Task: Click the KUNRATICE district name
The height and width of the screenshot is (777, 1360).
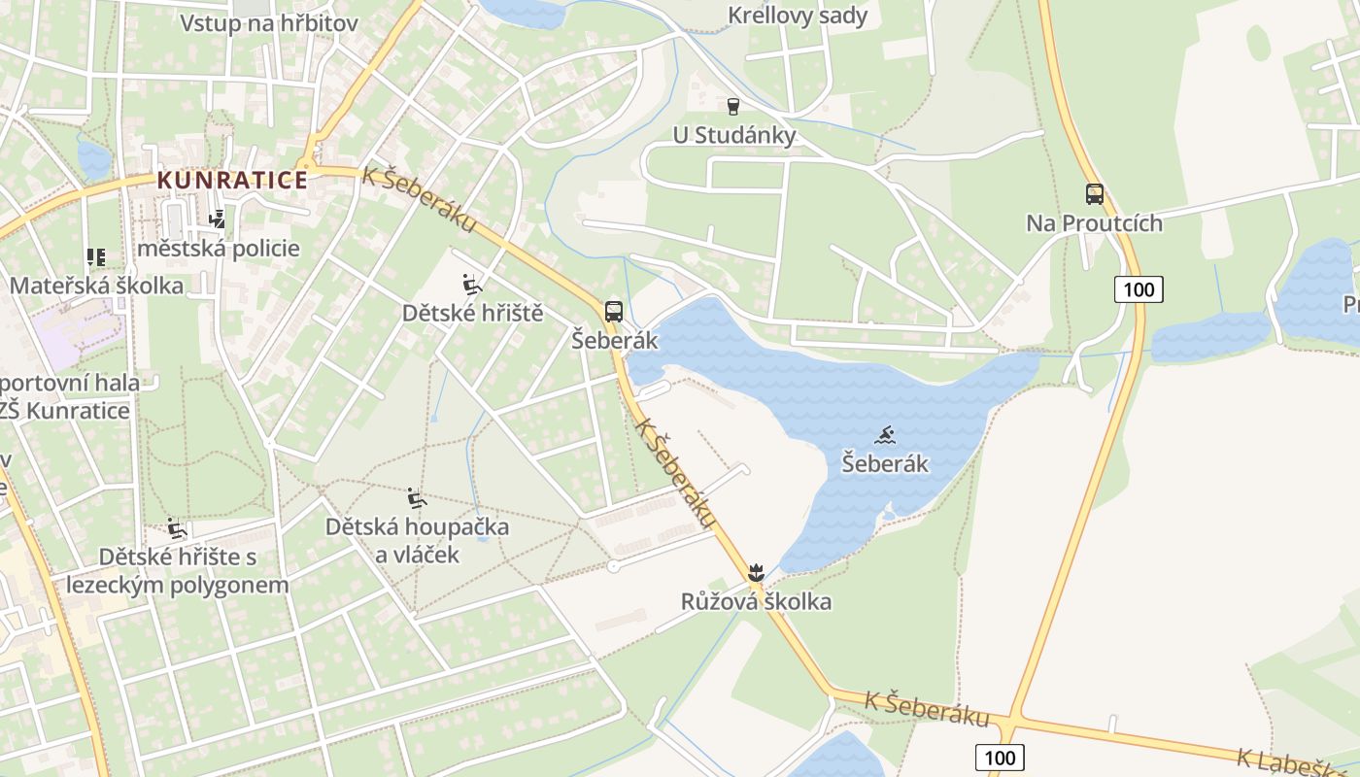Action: pos(232,180)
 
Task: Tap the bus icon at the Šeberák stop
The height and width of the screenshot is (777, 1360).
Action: pos(613,312)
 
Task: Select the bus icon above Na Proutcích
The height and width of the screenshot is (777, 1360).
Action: pos(1095,194)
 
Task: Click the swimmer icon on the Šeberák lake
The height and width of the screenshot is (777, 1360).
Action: pos(884,435)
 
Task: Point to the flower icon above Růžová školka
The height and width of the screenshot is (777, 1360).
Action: pos(757,572)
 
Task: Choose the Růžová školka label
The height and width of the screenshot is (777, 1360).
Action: pos(756,602)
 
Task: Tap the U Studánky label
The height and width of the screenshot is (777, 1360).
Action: pos(734,135)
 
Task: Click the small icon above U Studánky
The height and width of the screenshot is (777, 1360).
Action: pos(733,106)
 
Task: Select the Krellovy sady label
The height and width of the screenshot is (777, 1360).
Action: pos(798,17)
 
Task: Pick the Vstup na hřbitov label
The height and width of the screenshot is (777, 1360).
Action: pos(269,23)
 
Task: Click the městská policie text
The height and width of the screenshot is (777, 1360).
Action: pos(219,249)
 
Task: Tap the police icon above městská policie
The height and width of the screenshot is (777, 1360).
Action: pos(218,220)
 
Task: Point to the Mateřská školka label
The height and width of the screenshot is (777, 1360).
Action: pos(96,286)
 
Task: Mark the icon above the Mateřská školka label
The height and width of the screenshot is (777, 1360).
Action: pos(96,257)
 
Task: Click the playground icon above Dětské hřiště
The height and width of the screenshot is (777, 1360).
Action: pos(472,285)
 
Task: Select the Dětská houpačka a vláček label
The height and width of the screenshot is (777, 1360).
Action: pos(417,541)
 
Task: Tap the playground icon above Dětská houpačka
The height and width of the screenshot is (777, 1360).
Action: pos(417,499)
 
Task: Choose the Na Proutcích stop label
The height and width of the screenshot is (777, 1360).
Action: pos(1094,223)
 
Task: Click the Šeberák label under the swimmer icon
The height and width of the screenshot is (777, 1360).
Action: pos(884,464)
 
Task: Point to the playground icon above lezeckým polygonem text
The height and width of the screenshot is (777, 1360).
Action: pos(177,529)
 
